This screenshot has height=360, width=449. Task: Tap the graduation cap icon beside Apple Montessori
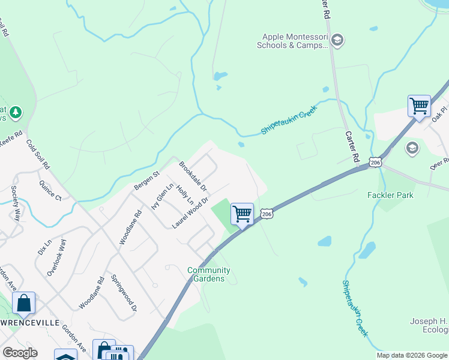click(337, 40)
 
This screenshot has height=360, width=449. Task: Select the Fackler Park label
click(388, 195)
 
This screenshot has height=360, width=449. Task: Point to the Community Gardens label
click(209, 274)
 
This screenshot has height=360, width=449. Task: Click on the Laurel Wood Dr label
click(190, 213)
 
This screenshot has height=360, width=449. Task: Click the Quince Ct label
click(50, 190)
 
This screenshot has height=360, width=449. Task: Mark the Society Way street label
click(15, 203)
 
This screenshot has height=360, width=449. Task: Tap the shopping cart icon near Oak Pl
click(419, 106)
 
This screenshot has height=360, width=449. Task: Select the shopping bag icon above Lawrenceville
click(24, 304)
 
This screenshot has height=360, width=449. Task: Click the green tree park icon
click(15, 112)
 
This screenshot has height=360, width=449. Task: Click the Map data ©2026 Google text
click(412, 355)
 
